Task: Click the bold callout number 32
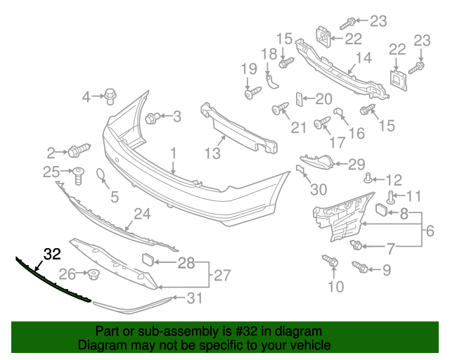pyautogui.click(x=52, y=255)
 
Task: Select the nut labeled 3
pyautogui.click(x=153, y=117)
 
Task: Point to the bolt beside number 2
pyautogui.click(x=77, y=150)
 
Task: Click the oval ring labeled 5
pyautogui.click(x=101, y=176)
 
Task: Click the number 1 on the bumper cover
pyautogui.click(x=173, y=152)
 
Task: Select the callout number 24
pyautogui.click(x=143, y=213)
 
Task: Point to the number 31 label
pyautogui.click(x=194, y=299)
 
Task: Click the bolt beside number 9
pyautogui.click(x=359, y=266)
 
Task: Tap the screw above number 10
pyautogui.click(x=331, y=262)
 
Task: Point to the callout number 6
pyautogui.click(x=430, y=230)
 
